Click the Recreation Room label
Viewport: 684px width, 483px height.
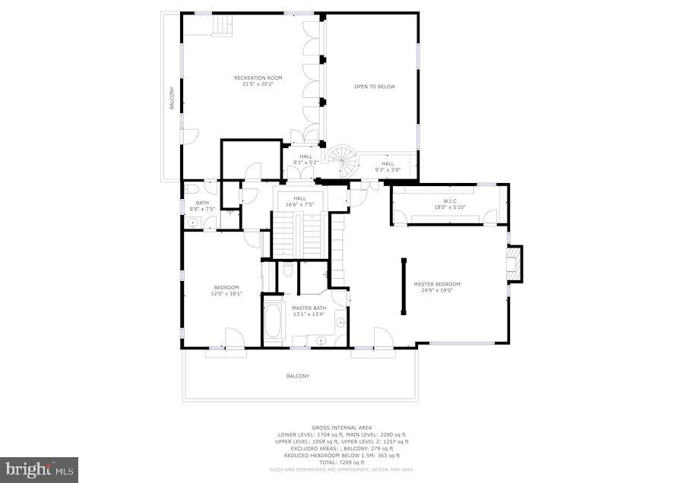(253, 80)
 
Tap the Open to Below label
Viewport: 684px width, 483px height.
(375, 87)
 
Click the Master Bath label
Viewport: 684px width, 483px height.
(308, 311)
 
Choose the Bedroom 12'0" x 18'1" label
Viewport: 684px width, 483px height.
(226, 290)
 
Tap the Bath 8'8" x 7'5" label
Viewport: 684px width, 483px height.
(202, 206)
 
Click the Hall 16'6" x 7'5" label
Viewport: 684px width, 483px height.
(299, 201)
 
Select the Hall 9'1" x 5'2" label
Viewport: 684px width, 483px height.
(306, 160)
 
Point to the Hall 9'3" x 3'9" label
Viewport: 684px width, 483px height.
(388, 167)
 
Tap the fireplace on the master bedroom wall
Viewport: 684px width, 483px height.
(515, 263)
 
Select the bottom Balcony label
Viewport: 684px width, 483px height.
(298, 376)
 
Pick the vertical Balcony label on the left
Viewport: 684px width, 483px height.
(172, 99)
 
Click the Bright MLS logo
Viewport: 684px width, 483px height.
(39, 469)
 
